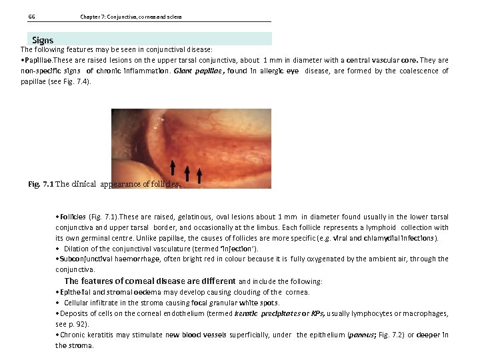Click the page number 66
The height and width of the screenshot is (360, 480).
click(31, 17)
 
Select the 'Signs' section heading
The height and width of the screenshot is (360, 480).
click(43, 40)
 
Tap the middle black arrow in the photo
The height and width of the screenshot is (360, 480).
click(188, 175)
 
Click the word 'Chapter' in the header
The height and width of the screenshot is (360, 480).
click(90, 17)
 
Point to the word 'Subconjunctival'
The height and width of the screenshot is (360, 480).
click(83, 259)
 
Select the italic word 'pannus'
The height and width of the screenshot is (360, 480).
click(361, 335)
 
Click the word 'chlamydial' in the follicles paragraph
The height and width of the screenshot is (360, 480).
click(375, 238)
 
